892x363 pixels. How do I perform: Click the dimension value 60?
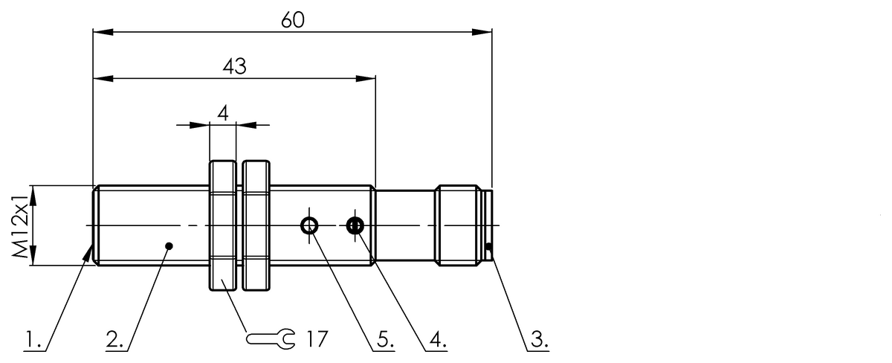pos(293,20)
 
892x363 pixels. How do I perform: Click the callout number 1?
pos(30,341)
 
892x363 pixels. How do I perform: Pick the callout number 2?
pos(114,341)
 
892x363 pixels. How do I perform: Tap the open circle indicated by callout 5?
pos(310,225)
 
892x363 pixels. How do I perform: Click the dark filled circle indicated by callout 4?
pos(355,225)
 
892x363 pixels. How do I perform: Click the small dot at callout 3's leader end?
pos(489,247)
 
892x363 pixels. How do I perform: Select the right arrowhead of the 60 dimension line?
pos(484,31)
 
